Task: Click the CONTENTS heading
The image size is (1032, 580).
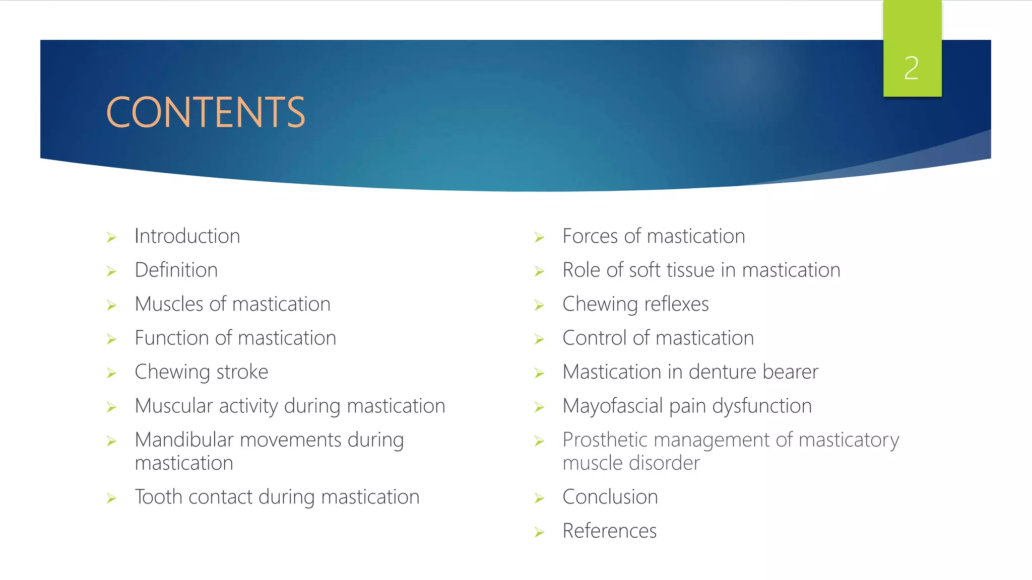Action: point(206,112)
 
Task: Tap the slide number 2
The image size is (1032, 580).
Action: point(911,68)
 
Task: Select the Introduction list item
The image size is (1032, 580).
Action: point(187,236)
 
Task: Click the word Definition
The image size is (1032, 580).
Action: point(176,270)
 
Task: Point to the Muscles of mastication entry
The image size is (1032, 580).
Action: point(232,304)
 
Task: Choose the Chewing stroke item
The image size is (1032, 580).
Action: point(201,372)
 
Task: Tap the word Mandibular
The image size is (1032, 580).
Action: point(184,440)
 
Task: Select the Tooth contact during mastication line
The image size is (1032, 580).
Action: point(277,497)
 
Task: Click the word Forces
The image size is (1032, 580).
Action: point(590,236)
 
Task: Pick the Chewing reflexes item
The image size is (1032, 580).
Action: point(635,304)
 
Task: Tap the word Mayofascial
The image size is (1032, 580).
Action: point(612,406)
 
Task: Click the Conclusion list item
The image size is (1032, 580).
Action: point(610,497)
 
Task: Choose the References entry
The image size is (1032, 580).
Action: point(609,531)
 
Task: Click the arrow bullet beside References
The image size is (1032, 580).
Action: point(539,532)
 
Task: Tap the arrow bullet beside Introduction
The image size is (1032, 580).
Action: point(111,238)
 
